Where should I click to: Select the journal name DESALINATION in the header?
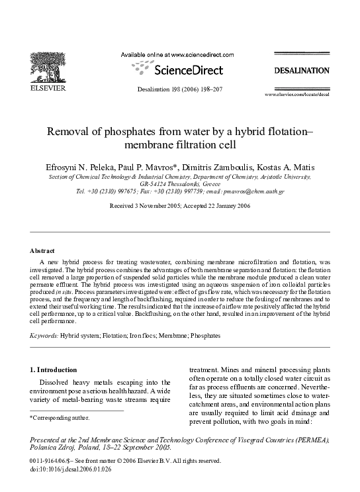tap(302, 70)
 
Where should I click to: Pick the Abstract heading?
tap(42, 251)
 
